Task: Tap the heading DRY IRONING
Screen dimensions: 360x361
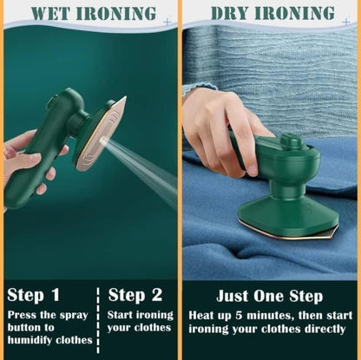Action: [x=272, y=13]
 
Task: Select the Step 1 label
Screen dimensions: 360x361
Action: [x=33, y=294]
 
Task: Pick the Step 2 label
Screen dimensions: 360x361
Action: [x=135, y=294]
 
